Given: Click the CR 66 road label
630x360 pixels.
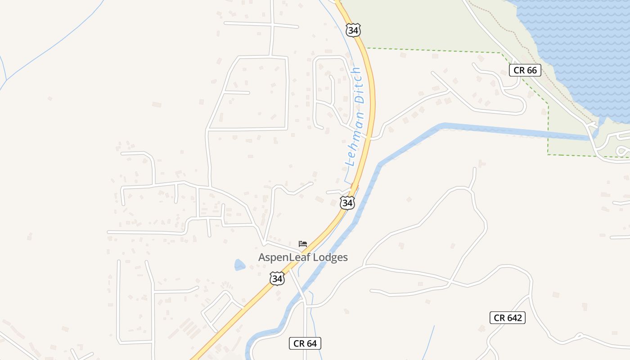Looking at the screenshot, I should [525, 70].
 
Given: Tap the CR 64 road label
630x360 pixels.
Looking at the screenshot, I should [305, 344].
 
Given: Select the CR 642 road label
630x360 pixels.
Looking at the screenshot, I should [508, 318].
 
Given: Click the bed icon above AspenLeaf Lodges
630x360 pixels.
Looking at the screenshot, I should [303, 244].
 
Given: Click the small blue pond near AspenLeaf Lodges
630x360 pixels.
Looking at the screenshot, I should [239, 265].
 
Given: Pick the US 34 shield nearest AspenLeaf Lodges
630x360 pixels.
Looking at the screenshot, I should [277, 279].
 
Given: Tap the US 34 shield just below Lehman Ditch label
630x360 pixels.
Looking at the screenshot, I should [347, 202].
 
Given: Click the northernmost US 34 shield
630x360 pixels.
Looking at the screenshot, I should [353, 30].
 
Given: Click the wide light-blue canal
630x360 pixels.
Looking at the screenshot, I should [495, 130].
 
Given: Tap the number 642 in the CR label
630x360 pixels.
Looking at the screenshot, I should [514, 318].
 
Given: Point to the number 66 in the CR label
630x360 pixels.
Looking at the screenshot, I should [531, 70].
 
